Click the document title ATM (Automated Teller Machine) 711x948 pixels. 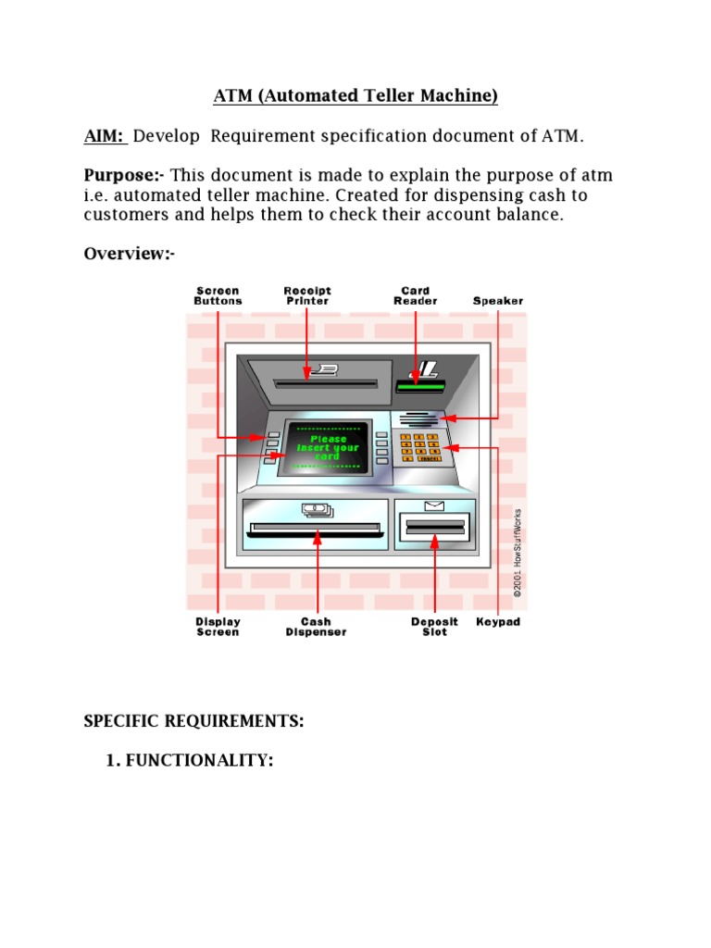pyautogui.click(x=355, y=95)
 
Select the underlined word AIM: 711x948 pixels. pyautogui.click(x=105, y=136)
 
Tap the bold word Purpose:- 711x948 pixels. pyautogui.click(x=125, y=176)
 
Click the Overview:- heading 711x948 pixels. pyautogui.click(x=130, y=254)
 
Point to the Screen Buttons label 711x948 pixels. pyautogui.click(x=218, y=295)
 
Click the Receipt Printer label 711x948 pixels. pyautogui.click(x=307, y=295)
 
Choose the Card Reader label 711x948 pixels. pyautogui.click(x=416, y=295)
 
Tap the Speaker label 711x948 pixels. pyautogui.click(x=498, y=301)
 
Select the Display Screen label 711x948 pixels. pyautogui.click(x=218, y=627)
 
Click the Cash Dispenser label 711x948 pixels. pyautogui.click(x=316, y=627)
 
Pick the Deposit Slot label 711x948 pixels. pyautogui.click(x=434, y=627)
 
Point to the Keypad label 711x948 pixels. pyautogui.click(x=498, y=622)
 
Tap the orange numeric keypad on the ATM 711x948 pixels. pyautogui.click(x=420, y=447)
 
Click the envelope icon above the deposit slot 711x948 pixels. pyautogui.click(x=434, y=505)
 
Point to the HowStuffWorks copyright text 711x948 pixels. pyautogui.click(x=518, y=553)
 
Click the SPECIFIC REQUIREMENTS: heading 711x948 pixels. pyautogui.click(x=194, y=721)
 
